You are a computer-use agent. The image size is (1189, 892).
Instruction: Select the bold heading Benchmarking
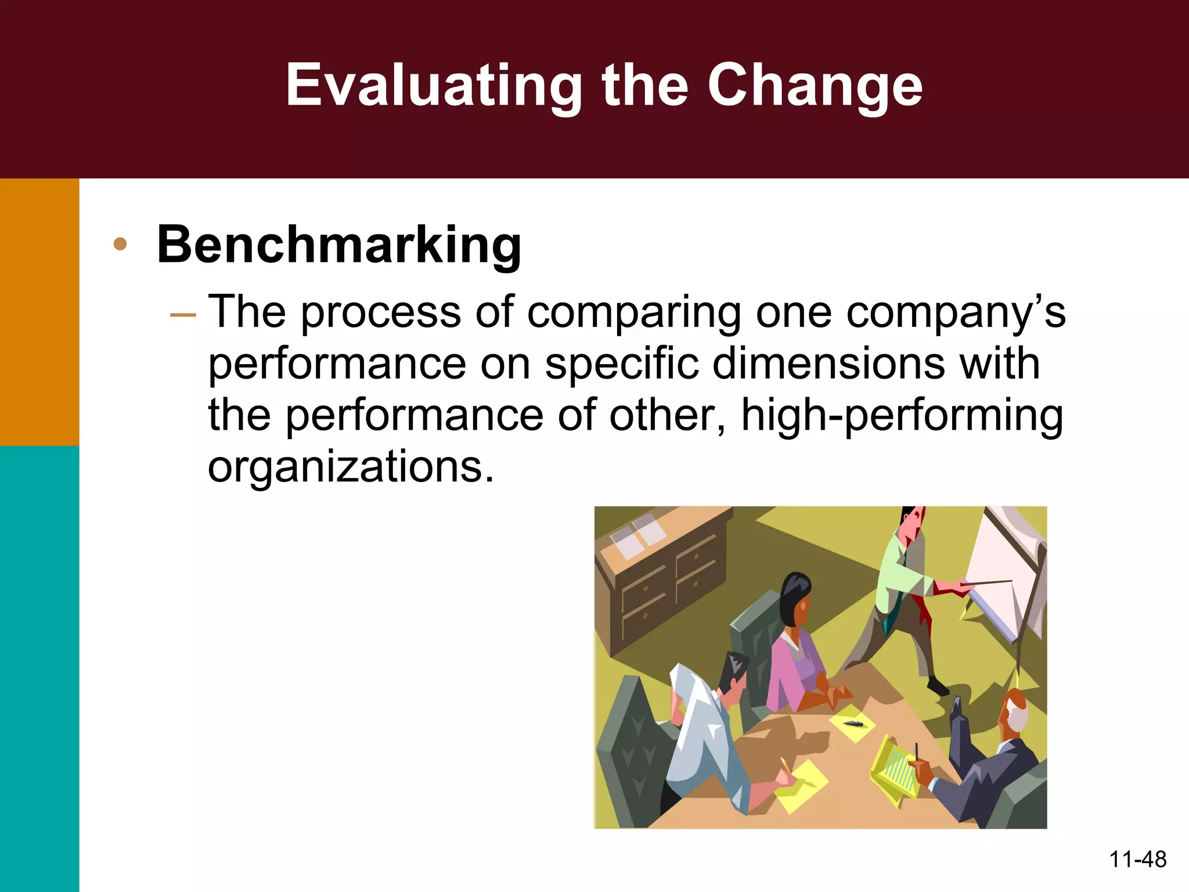[339, 244]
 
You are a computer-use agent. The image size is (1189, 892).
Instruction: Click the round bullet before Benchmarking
[120, 244]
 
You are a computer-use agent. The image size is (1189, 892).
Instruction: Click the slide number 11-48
[1137, 859]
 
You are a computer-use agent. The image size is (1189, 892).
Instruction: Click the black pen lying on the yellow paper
[854, 724]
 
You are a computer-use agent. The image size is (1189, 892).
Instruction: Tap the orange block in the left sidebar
[39, 311]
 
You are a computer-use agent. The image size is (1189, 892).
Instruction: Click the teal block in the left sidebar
[39, 668]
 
